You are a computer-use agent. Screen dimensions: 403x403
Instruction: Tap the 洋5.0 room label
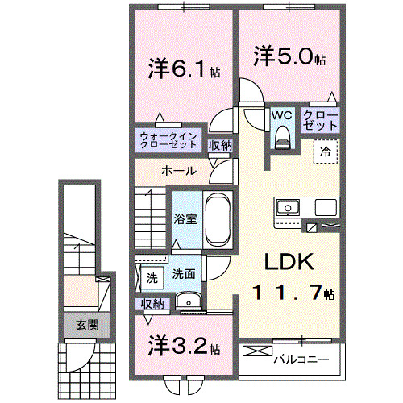coord(290,59)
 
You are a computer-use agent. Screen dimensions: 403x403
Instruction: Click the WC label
coord(281,114)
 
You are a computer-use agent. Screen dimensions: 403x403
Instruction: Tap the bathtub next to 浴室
coord(217,219)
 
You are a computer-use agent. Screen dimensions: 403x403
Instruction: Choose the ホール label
coord(177,171)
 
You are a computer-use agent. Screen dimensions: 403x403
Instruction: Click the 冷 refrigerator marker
coord(326,149)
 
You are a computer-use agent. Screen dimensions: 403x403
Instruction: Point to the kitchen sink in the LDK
coord(287,208)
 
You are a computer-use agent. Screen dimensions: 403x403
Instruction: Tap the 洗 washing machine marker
coord(152,278)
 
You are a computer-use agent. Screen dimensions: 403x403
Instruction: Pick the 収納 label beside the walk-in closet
coord(220,145)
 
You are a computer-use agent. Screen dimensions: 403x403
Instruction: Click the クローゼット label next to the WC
coord(320,121)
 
